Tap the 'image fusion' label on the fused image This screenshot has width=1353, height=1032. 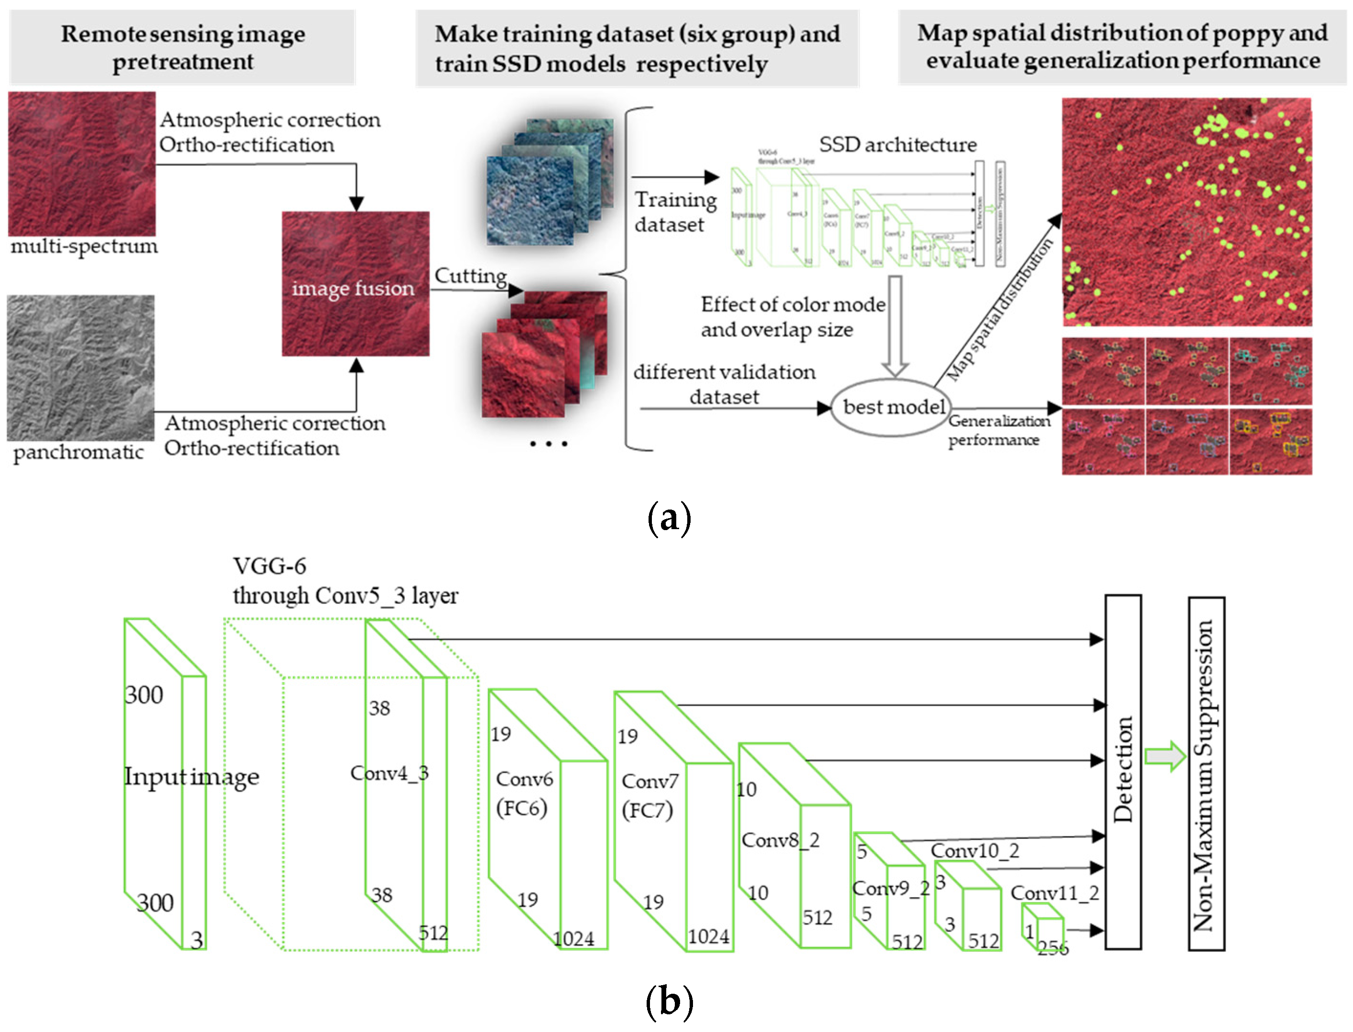click(353, 289)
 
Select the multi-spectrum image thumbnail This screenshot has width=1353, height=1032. click(82, 164)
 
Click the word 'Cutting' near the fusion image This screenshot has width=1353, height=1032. click(470, 276)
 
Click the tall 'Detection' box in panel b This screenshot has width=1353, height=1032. click(1123, 771)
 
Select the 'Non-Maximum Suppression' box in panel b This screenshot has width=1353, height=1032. click(1206, 774)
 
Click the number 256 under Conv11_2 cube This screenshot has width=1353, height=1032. click(1053, 949)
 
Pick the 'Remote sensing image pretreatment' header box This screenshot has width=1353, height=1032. click(183, 47)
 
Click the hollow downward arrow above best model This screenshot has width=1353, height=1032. click(895, 326)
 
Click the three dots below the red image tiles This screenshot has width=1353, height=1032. click(549, 444)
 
